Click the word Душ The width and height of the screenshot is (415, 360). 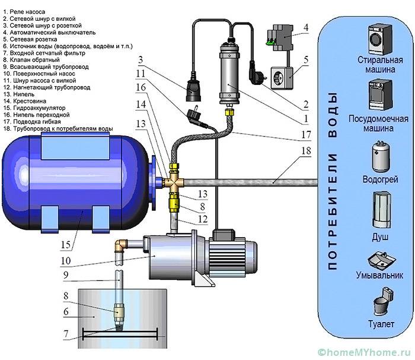click(x=380, y=236)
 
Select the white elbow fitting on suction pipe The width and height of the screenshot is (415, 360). click(x=120, y=245)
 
